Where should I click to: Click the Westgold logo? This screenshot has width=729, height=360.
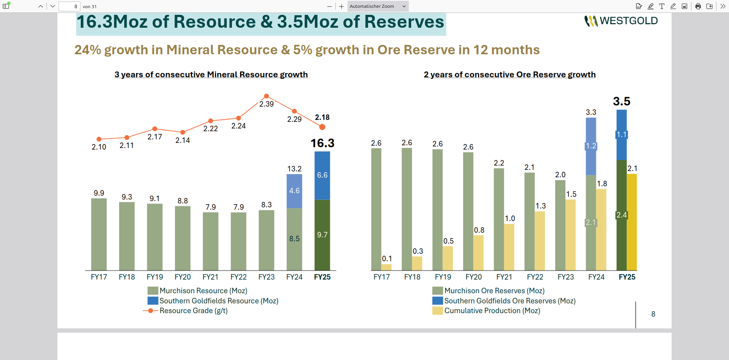click(x=621, y=21)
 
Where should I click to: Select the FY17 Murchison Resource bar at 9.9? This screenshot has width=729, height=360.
click(x=99, y=234)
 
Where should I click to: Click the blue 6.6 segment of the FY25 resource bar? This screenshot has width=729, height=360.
click(x=322, y=176)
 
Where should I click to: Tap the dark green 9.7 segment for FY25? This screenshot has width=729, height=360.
click(x=322, y=235)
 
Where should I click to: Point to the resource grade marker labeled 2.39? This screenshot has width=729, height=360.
click(x=266, y=96)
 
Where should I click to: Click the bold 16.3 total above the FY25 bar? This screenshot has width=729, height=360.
click(x=322, y=143)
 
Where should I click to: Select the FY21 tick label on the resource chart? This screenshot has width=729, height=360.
click(x=210, y=277)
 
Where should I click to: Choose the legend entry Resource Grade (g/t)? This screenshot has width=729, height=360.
click(x=193, y=311)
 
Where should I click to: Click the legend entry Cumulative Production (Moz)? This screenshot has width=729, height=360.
click(x=492, y=311)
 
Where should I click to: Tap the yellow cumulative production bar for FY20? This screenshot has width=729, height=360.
click(x=478, y=253)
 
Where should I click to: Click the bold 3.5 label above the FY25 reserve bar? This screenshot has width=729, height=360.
click(x=621, y=102)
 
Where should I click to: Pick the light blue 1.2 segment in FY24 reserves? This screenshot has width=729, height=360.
click(x=591, y=146)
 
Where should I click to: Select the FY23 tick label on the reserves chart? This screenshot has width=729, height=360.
click(x=565, y=277)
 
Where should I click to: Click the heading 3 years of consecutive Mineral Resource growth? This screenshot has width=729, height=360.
click(x=211, y=75)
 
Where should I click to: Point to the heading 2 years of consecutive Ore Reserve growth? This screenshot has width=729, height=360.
click(x=510, y=75)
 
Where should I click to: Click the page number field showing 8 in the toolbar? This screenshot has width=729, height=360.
click(x=70, y=6)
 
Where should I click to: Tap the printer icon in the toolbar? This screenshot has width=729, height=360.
click(x=698, y=6)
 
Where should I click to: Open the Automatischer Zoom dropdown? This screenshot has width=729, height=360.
click(x=378, y=6)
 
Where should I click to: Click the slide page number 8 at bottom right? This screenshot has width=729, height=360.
click(x=653, y=314)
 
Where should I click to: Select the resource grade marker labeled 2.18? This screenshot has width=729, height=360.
click(x=322, y=127)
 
